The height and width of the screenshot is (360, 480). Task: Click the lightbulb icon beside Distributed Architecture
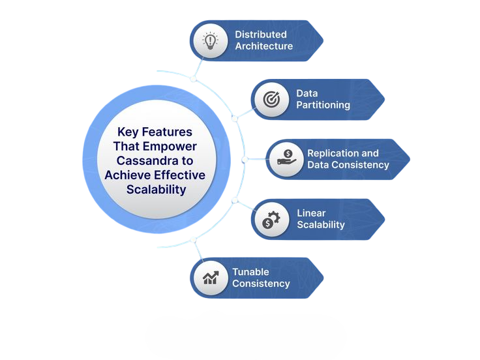click(x=210, y=40)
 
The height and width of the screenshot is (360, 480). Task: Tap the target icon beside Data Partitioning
click(x=271, y=99)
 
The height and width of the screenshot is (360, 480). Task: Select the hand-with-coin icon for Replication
click(x=286, y=159)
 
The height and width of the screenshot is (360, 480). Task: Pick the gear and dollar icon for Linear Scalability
click(x=271, y=219)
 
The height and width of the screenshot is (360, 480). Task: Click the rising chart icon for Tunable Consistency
click(x=210, y=278)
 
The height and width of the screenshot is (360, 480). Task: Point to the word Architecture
click(x=263, y=46)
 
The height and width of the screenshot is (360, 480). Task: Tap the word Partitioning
click(x=323, y=105)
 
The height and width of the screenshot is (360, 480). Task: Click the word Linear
click(x=311, y=213)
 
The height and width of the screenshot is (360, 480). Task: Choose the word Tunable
click(x=250, y=272)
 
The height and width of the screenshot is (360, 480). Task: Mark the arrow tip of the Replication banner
click(x=408, y=159)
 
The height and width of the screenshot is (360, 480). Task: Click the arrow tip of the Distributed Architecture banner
click(x=322, y=40)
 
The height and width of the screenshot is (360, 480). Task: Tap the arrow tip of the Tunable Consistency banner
click(x=322, y=278)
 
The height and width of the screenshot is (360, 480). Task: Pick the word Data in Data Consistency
click(x=319, y=165)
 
